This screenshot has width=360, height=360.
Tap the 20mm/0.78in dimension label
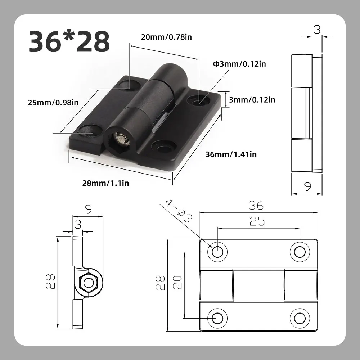pos(166,37)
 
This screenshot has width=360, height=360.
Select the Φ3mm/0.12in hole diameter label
pos(239,64)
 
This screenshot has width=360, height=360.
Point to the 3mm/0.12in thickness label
pos(252,100)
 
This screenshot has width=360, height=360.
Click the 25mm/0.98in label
pos(53,103)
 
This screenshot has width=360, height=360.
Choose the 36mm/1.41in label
pos(231,154)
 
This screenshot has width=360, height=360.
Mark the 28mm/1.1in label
pos(105,183)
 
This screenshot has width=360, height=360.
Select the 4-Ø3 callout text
pos(179,212)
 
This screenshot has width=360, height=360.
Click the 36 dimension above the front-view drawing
pos(256,206)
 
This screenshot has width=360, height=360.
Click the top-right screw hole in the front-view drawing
pos(299,251)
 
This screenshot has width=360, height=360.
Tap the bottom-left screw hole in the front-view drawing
pos(217,318)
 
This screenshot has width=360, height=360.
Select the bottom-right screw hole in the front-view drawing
pos(299,318)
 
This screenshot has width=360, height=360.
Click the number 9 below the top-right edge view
pos(307,186)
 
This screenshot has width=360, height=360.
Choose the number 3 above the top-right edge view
pos(317,30)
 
